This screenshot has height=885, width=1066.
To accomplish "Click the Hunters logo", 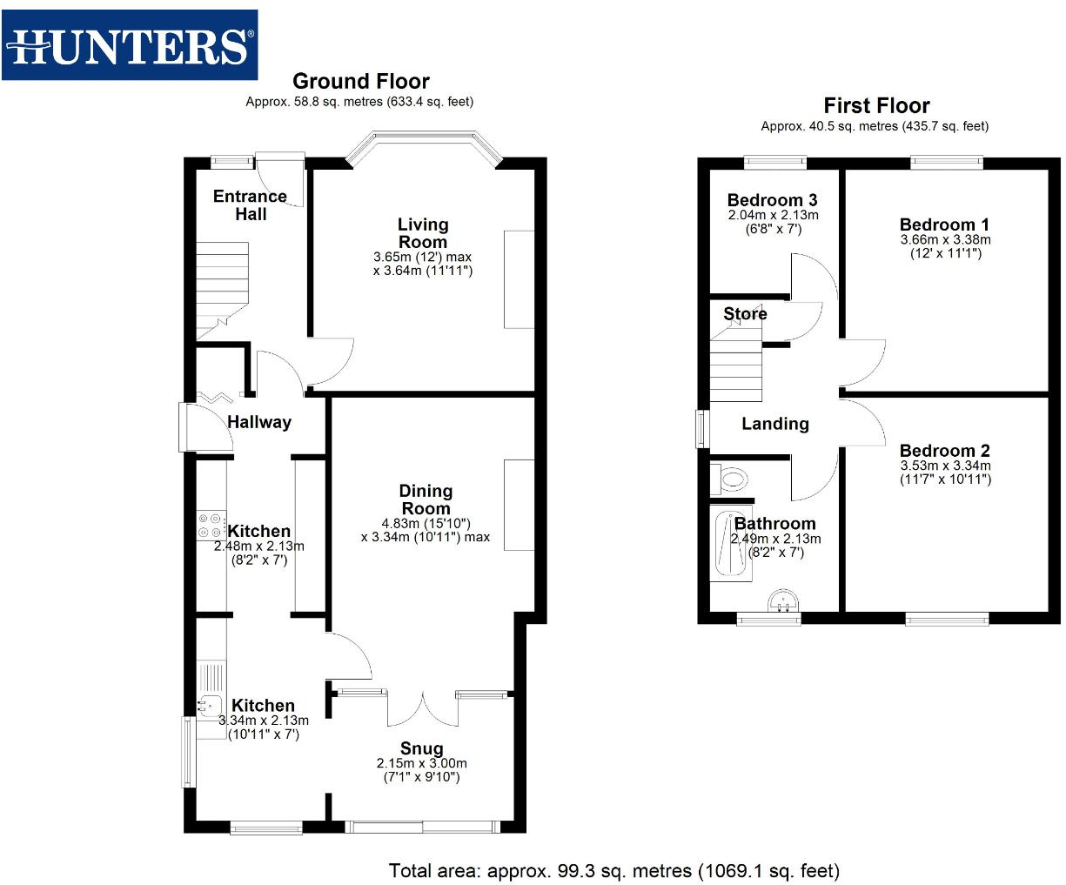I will (x=130, y=45).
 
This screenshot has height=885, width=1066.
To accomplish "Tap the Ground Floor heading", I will (x=360, y=82).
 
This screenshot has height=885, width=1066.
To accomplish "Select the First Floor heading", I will (x=876, y=106).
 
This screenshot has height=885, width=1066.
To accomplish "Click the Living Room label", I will (x=423, y=233).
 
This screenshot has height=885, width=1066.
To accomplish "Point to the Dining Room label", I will (x=426, y=499).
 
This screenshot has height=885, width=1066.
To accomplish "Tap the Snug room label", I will (x=421, y=748).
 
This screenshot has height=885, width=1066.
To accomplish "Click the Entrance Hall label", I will (x=250, y=205).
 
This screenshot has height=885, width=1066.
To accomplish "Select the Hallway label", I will (x=259, y=422).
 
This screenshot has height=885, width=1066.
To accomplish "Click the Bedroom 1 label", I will (x=944, y=225).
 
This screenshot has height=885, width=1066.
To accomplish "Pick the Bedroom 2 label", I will (x=944, y=451).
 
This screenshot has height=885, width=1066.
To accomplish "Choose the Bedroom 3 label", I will (x=772, y=200).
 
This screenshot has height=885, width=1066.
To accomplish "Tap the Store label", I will (x=745, y=314).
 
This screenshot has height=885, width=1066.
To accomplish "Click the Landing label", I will (x=774, y=424).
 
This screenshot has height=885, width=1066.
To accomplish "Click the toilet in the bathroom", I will (x=730, y=479).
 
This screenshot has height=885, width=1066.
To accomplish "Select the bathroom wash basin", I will (x=783, y=602).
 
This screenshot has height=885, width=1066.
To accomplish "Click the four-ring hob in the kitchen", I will (x=210, y=526).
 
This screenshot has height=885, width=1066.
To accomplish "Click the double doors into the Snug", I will (x=422, y=707).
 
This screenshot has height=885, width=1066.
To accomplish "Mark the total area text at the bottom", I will (x=613, y=870).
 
